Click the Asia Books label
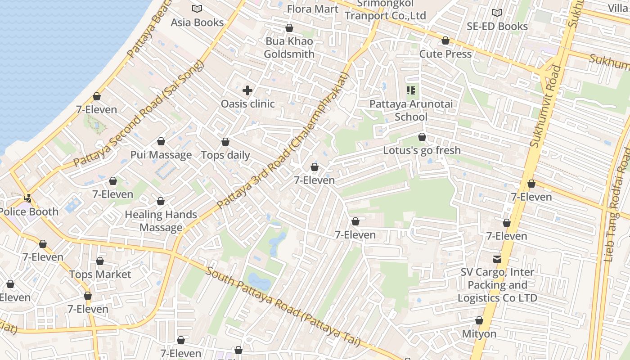tap(197, 22)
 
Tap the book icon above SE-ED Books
tap(497, 13)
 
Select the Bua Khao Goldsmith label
tap(289, 48)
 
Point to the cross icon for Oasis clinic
tap(247, 90)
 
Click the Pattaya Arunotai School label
tap(411, 110)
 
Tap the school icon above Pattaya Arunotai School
tap(411, 90)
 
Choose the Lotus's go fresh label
tap(422, 150)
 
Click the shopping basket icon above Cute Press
tap(445, 40)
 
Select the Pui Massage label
tap(161, 155)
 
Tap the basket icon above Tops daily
tap(225, 142)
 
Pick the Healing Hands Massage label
tap(161, 221)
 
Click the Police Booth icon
tap(28, 198)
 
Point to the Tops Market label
tap(100, 274)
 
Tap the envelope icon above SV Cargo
tap(497, 259)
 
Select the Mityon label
tap(479, 334)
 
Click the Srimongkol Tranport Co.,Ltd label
tap(385, 10)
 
